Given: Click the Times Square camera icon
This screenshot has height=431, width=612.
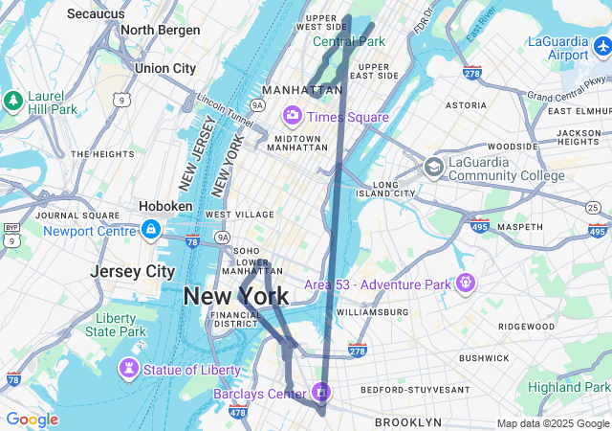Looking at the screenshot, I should [292, 116].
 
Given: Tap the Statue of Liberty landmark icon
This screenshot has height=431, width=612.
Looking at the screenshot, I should [129, 370].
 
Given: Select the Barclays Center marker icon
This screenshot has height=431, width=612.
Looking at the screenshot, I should [322, 393].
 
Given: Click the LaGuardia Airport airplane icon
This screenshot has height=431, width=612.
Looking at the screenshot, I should [601, 45].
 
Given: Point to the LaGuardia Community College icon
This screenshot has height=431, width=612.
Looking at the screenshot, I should [434, 167].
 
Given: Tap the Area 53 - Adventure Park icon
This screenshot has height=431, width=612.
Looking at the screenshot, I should [466, 284].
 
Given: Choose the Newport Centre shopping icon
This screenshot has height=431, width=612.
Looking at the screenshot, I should [150, 230].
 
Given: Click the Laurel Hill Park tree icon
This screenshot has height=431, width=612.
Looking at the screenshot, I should [12, 100].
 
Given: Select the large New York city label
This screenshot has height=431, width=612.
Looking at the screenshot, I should [235, 296].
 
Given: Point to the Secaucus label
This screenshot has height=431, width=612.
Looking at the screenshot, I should [96, 13].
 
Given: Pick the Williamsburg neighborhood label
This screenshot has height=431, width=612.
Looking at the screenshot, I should [372, 312].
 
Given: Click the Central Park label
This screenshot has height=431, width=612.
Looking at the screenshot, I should [349, 41].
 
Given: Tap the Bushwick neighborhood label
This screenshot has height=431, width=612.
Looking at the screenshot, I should [484, 357].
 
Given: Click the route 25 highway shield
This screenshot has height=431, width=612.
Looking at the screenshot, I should [593, 208].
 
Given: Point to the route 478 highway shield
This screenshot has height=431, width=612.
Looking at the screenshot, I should [238, 413].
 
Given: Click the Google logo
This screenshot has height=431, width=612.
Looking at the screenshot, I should [32, 420].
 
